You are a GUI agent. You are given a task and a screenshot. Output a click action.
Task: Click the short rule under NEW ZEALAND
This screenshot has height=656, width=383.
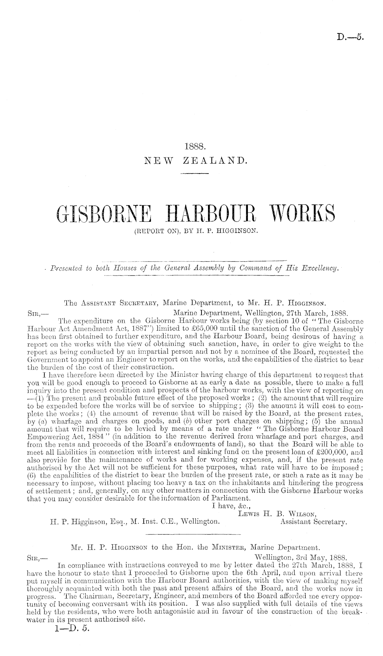coord(195,176)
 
